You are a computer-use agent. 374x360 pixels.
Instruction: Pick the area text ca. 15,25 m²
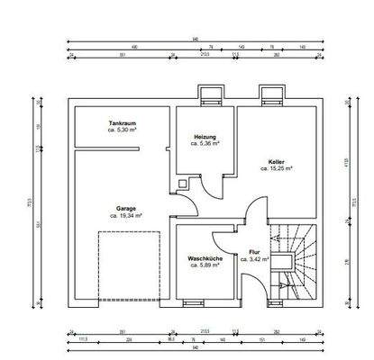tap(276, 168)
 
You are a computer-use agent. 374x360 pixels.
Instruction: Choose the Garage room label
tap(125, 208)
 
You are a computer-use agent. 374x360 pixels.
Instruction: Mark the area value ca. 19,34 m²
tap(125, 216)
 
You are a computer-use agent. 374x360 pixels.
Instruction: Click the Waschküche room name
tap(205, 258)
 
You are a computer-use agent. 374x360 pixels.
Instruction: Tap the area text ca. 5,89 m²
tap(205, 266)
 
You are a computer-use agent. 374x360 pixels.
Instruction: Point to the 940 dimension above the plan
tap(195, 40)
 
